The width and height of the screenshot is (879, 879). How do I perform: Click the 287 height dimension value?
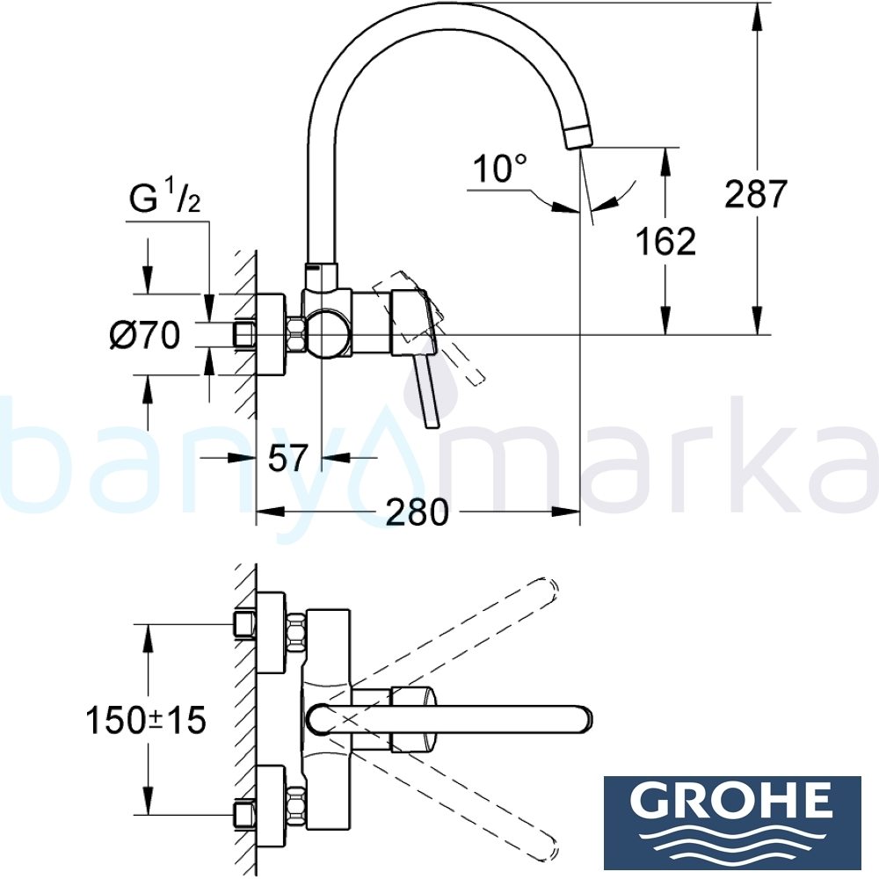point(755,193)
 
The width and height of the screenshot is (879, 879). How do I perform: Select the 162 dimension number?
point(665,240)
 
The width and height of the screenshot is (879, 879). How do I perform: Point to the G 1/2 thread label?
point(165,200)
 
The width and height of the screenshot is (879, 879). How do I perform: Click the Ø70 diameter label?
point(145,334)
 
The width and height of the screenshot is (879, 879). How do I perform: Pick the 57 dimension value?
point(287,458)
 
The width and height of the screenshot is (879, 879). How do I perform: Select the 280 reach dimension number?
point(418,512)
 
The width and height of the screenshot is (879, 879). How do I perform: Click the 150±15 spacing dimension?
point(145,720)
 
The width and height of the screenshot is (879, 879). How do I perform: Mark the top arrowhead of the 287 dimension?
point(755,11)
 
